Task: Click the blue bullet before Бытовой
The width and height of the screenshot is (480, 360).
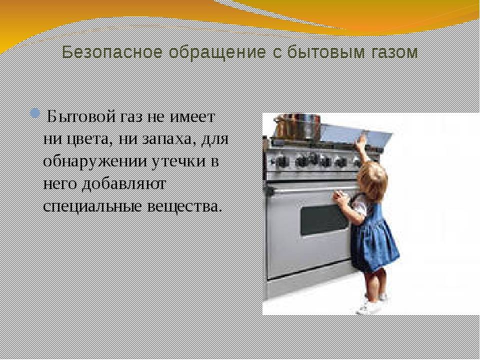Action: coord(35,113)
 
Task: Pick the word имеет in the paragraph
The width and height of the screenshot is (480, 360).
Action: coord(193,117)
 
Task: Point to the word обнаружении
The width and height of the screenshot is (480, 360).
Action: coord(95,161)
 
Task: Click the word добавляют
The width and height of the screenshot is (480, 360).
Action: coord(123,184)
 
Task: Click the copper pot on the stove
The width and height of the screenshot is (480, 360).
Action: coord(297,125)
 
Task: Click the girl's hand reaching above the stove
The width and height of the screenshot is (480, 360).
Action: coord(362,140)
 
